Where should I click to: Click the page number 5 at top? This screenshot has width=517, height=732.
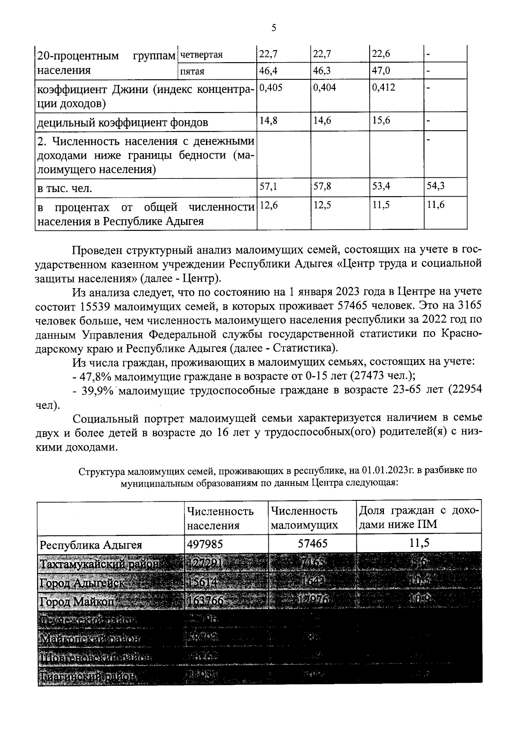coord(274,28)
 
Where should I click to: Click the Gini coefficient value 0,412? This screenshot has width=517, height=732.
coord(383,88)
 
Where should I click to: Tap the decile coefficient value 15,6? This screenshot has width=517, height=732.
coord(381,120)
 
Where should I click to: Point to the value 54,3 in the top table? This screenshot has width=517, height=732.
coord(436,186)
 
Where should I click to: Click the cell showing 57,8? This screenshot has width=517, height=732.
coord(322,186)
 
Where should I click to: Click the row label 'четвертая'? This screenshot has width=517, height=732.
coord(201,54)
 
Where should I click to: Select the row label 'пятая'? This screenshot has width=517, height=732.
coord(192,71)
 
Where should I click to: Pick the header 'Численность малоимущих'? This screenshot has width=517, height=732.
coord(304,518)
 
